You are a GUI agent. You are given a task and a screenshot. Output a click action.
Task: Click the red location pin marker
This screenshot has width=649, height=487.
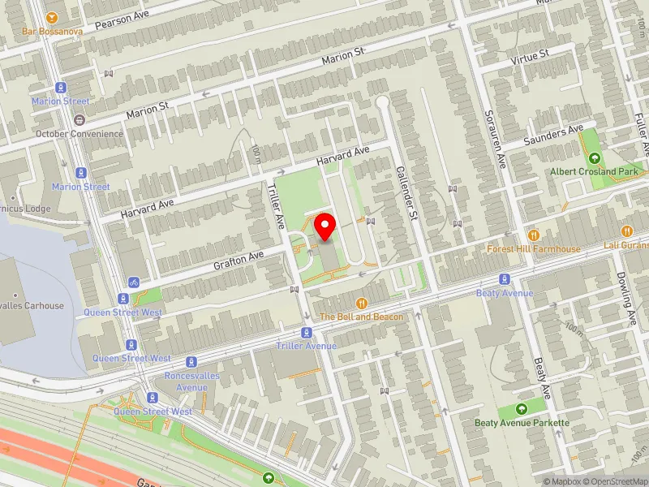click(x=325, y=226)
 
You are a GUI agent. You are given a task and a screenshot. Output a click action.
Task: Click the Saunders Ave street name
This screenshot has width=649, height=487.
click(x=553, y=134)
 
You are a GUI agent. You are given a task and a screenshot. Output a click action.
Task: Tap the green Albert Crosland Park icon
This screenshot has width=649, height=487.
click(x=595, y=158)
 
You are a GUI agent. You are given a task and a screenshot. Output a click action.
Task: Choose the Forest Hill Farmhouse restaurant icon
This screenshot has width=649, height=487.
click(x=534, y=235)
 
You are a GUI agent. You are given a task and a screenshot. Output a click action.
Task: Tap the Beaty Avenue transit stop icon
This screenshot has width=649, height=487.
click(x=504, y=278)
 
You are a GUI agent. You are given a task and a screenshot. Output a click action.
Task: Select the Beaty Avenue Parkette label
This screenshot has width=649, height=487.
click(x=522, y=422)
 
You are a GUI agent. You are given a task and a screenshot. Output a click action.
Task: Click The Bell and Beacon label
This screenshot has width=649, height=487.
click(x=361, y=317)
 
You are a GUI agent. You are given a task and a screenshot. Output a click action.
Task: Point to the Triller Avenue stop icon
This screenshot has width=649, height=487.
click(x=306, y=333)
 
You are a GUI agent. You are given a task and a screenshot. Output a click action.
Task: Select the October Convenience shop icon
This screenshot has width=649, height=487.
click(x=80, y=120)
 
